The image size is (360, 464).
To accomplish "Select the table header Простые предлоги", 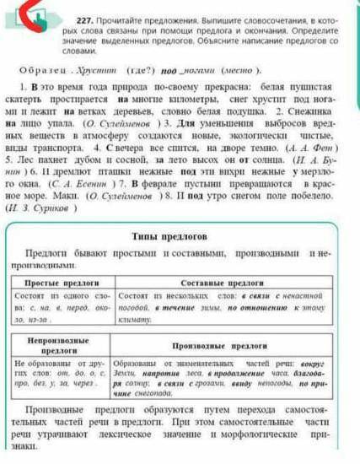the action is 60,284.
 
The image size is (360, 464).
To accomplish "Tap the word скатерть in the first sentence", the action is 33,99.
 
